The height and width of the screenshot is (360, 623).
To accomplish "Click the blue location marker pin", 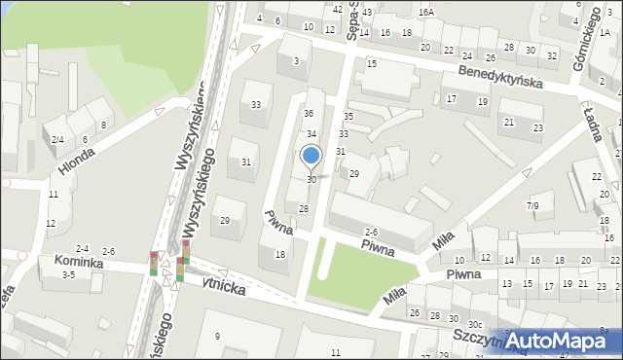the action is (311, 156).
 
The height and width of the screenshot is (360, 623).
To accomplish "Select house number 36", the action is (308, 114).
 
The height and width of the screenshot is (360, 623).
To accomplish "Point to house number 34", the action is (311, 133).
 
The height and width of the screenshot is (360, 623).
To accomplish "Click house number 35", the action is (348, 116).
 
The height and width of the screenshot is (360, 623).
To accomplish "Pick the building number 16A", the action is (426, 12).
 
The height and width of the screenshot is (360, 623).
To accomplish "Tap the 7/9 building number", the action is (532, 205).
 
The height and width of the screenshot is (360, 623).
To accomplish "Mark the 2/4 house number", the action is (58, 140).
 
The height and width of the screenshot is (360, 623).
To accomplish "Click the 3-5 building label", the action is (68, 275).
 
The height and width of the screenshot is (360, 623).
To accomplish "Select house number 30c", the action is (474, 324).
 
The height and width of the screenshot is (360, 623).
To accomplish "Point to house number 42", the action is (337, 10).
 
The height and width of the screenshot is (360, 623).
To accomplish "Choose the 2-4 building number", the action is (83, 249).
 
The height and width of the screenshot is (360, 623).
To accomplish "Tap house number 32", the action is (552, 55).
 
